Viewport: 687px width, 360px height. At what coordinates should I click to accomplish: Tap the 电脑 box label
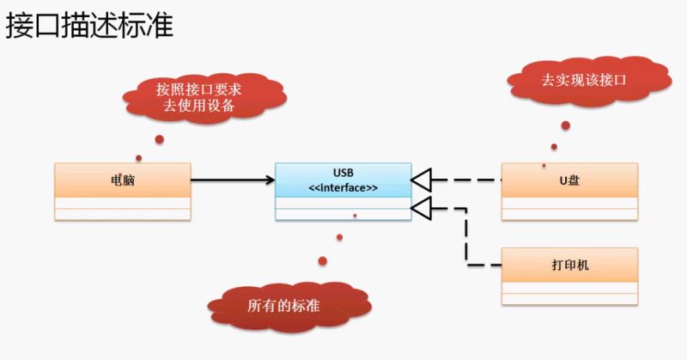pos(123,180)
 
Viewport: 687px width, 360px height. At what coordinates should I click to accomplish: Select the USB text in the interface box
pos(343,172)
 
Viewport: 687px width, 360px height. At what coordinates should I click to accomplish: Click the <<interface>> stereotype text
pos(343,187)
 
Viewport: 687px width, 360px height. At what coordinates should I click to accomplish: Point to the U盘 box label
pos(569,180)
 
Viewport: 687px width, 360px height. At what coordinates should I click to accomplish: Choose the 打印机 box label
pos(569,266)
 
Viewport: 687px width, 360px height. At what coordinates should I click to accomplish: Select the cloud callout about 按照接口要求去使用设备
pos(198,97)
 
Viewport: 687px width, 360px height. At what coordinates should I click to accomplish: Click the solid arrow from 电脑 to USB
pos(228,180)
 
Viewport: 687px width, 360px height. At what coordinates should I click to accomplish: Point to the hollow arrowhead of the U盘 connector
pos(421,180)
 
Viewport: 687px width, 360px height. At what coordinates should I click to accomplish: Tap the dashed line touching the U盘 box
pos(481,180)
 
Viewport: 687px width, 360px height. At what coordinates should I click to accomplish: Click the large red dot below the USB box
pos(323,260)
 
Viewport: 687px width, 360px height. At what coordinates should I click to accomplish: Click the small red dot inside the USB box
pos(355,216)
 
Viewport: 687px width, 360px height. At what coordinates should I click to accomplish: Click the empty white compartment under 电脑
pos(123,209)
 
